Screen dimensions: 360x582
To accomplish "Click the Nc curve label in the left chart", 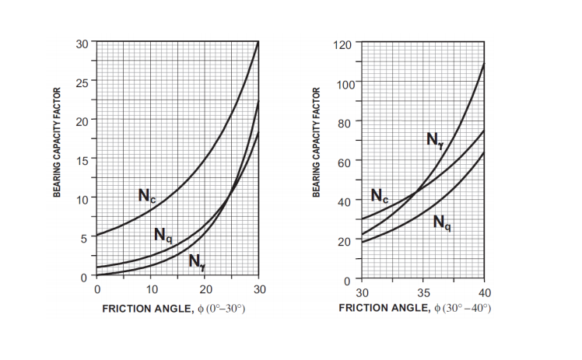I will (146, 195).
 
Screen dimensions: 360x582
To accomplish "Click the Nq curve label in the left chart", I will (163, 234).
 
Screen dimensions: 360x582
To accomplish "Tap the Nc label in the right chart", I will (380, 196).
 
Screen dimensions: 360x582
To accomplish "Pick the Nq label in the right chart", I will (442, 222).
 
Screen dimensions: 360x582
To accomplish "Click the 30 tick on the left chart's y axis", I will (82, 42).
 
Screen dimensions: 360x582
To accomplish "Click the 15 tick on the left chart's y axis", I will (82, 159).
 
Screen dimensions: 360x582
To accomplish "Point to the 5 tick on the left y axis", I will (84, 238).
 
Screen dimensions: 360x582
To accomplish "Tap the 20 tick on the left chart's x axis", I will (205, 289).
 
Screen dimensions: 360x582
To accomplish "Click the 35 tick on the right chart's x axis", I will (423, 292).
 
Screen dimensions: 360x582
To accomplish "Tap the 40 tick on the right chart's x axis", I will (484, 292).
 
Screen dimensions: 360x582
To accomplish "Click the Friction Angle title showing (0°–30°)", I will (174, 309).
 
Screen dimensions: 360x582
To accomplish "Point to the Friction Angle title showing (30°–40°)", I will (415, 309).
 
